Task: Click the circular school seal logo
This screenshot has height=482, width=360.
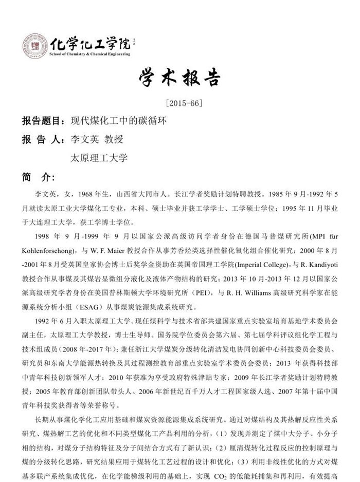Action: tap(35, 46)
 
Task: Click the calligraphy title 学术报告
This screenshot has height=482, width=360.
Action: tap(179, 78)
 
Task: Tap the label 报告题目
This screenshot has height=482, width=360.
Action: tap(41, 121)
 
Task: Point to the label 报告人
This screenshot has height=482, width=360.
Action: tap(41, 139)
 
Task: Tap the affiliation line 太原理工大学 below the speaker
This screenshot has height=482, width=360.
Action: tap(99, 158)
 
